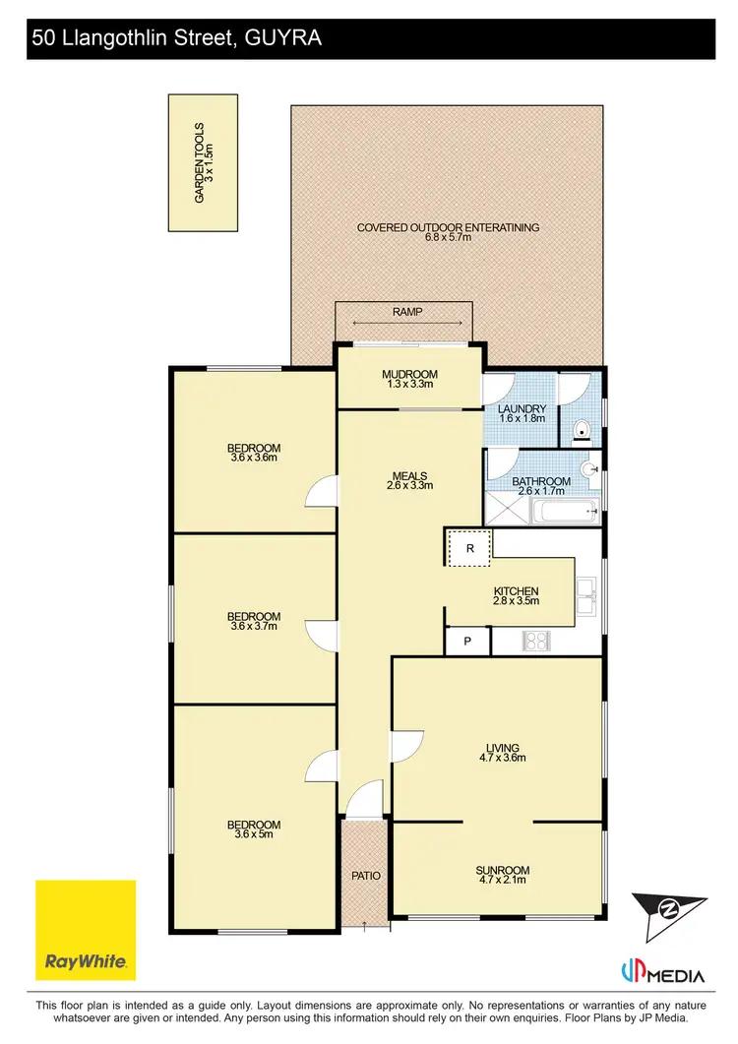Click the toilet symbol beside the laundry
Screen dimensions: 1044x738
tap(582, 429)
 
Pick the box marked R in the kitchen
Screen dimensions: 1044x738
tap(469, 548)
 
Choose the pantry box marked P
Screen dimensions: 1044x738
tap(467, 642)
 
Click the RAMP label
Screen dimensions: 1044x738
tap(407, 311)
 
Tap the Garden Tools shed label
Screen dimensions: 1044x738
tap(203, 162)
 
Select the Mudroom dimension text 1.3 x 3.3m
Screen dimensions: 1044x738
tap(408, 385)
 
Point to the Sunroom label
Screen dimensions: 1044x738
tap(502, 870)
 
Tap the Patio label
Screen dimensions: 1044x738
tap(366, 875)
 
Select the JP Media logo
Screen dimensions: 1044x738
tap(663, 975)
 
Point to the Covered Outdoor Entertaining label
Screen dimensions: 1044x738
tap(448, 227)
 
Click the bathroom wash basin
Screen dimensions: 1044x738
tap(592, 469)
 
